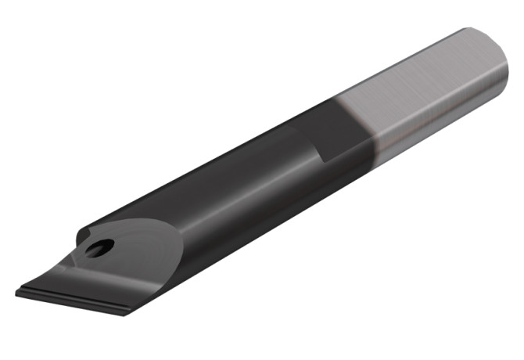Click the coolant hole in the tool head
click(99, 249)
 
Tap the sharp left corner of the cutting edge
click(17, 293)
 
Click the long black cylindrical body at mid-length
click(235, 196)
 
